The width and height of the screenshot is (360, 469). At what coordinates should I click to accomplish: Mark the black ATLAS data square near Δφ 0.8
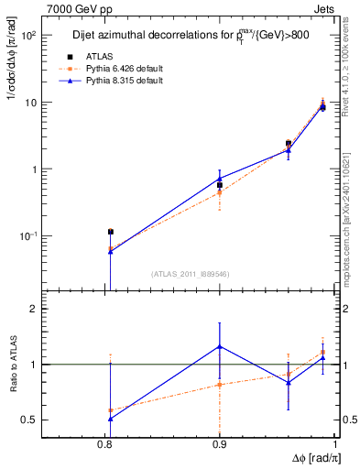[x=110, y=232]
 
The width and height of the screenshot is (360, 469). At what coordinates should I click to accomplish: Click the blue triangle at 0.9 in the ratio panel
[x=220, y=345]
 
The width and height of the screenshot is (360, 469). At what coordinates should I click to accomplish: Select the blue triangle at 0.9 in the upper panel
[x=220, y=179]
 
